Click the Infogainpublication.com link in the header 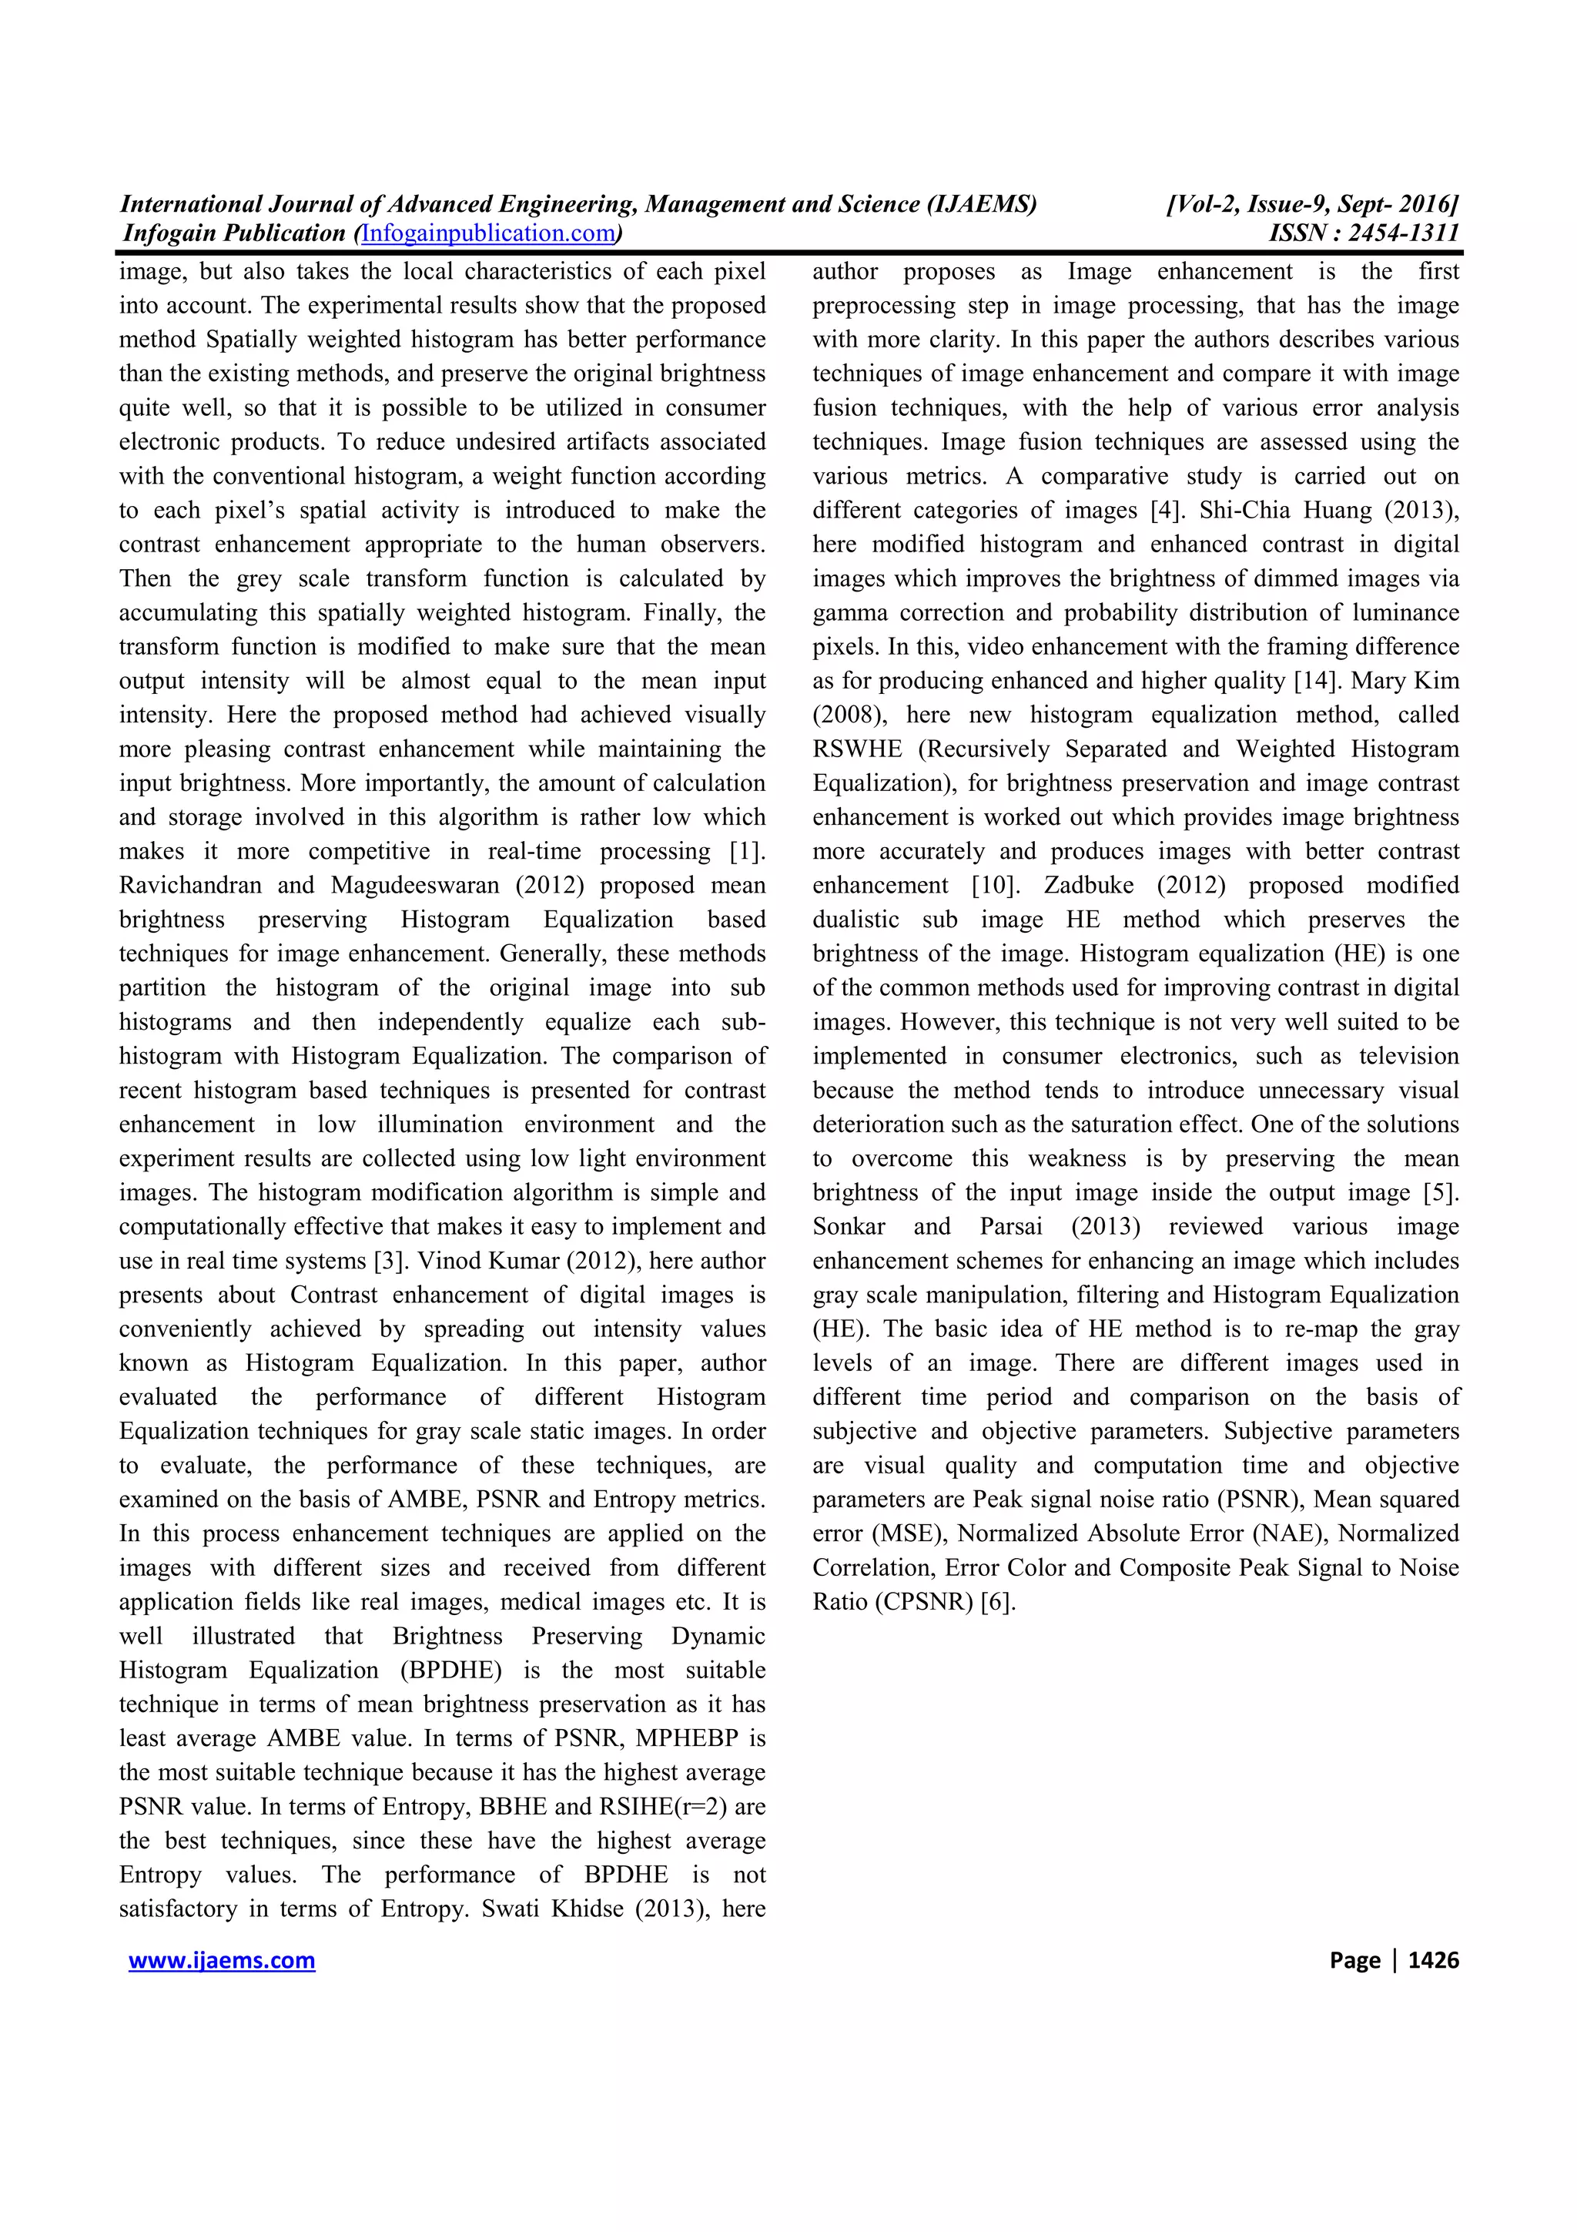pyautogui.click(x=489, y=233)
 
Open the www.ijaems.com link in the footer pyautogui.click(x=222, y=1960)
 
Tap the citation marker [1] pyautogui.click(x=747, y=852)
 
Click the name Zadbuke pyautogui.click(x=1088, y=886)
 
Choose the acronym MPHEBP pyautogui.click(x=701, y=1738)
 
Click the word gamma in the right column pyautogui.click(x=845, y=613)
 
